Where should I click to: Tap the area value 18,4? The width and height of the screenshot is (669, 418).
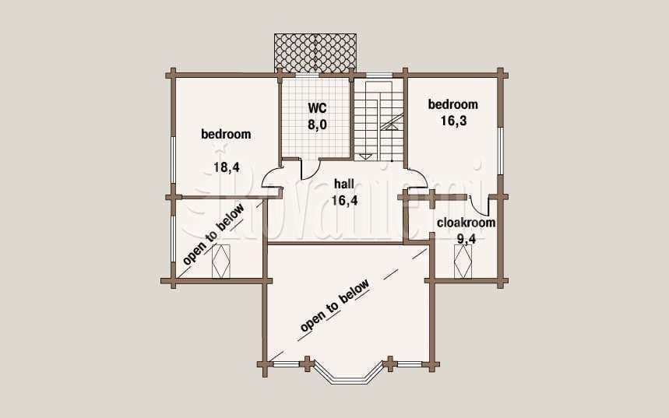(227, 167)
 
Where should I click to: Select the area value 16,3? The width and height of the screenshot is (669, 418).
(453, 121)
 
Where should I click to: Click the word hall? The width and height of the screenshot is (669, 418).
(344, 184)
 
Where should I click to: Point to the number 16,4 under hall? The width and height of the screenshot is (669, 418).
(345, 201)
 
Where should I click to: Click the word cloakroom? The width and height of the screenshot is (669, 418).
(467, 223)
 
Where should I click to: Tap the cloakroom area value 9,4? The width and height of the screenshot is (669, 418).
(467, 239)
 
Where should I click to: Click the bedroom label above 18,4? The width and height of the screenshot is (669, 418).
(226, 134)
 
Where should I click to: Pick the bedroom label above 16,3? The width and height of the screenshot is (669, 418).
(453, 104)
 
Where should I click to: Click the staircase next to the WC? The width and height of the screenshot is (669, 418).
(379, 119)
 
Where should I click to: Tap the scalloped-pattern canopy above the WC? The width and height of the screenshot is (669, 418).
(315, 53)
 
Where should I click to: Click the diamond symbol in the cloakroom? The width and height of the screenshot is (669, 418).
(463, 262)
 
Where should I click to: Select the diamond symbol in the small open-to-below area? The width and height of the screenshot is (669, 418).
(221, 261)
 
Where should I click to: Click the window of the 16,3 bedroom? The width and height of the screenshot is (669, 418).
(501, 150)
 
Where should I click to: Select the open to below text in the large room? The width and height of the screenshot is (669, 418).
(334, 306)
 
